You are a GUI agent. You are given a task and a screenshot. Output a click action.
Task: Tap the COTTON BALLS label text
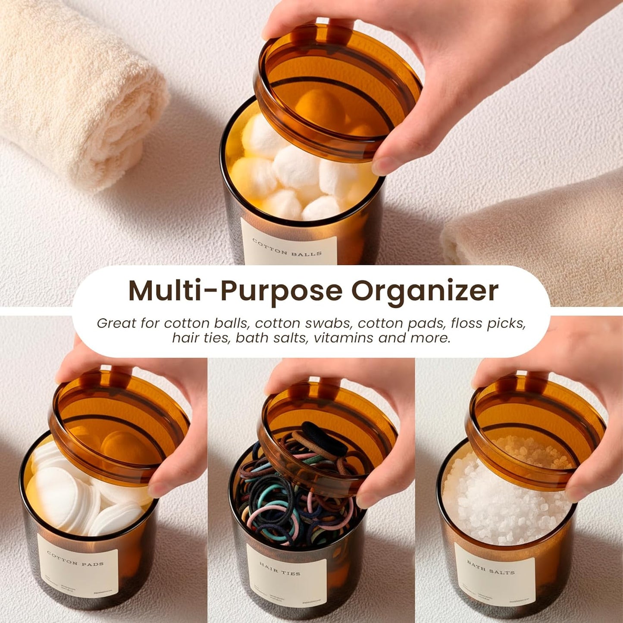(x=287, y=247)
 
